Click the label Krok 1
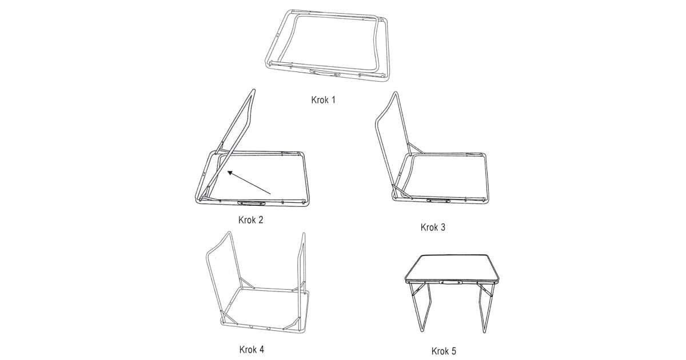pyautogui.click(x=323, y=100)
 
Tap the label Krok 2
pyautogui.click(x=250, y=220)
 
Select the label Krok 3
pyautogui.click(x=433, y=227)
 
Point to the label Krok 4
pyautogui.click(x=252, y=350)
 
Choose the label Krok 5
pyautogui.click(x=444, y=351)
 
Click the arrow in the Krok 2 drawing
pyautogui.click(x=249, y=183)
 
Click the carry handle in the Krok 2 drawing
pyautogui.click(x=252, y=203)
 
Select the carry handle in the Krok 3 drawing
pyautogui.click(x=438, y=201)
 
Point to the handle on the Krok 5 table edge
pyautogui.click(x=451, y=282)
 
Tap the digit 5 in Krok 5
pyautogui.click(x=453, y=351)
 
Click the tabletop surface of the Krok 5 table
pyautogui.click(x=452, y=267)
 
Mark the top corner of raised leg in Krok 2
pyautogui.click(x=253, y=90)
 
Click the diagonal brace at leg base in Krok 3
pyautogui.click(x=401, y=191)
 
